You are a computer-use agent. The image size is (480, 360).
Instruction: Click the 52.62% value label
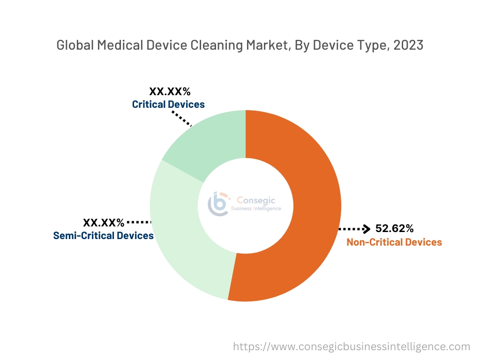click(x=395, y=229)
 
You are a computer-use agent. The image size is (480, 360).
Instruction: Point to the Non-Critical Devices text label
click(x=394, y=242)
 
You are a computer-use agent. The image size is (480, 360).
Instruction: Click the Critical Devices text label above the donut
click(x=168, y=104)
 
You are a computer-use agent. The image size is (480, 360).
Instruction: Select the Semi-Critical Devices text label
click(x=104, y=235)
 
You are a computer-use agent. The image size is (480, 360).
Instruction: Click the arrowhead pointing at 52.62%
click(x=367, y=229)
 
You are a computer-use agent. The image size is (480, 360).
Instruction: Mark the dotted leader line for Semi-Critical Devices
click(x=138, y=222)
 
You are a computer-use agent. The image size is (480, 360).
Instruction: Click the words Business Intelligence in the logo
click(x=256, y=209)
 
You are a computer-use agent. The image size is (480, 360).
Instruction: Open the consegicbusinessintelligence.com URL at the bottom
click(x=352, y=347)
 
